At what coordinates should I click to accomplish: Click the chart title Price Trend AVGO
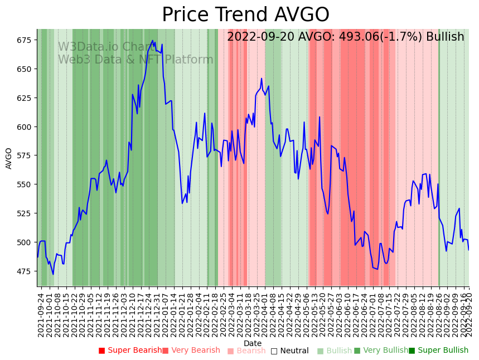click(245, 15)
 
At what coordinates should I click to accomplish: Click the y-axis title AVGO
click(9, 158)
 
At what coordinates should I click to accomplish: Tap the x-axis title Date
click(253, 343)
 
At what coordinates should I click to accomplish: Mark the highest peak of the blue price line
click(153, 41)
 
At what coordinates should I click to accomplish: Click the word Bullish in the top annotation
click(445, 37)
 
